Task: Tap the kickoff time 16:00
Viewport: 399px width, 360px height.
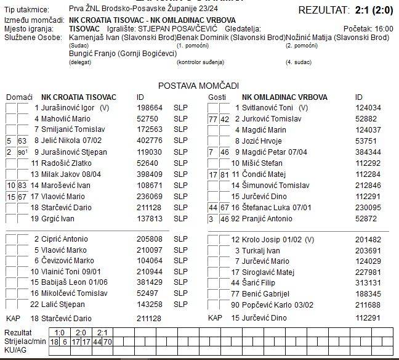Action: point(384,29)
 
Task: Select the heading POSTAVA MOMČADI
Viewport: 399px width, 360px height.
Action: point(198,86)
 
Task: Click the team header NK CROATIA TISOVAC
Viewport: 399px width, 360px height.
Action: point(78,97)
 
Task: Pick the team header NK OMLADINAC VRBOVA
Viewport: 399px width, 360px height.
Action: point(284,97)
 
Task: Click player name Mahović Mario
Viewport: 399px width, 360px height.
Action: point(66,118)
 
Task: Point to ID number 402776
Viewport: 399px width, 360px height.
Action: point(150,141)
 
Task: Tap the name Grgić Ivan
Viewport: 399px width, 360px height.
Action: point(59,218)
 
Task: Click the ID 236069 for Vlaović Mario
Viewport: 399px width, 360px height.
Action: point(150,196)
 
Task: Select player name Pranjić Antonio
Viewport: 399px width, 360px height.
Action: point(270,218)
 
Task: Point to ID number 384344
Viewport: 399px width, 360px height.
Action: point(368,152)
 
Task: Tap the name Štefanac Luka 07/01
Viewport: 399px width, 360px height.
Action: point(276,207)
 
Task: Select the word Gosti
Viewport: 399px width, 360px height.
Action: point(217,97)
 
